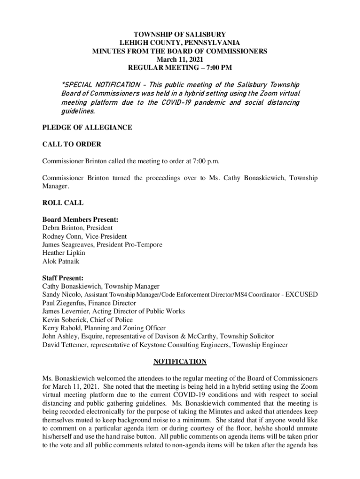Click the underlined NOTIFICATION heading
coord(180,362)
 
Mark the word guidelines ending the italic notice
coord(78,111)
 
